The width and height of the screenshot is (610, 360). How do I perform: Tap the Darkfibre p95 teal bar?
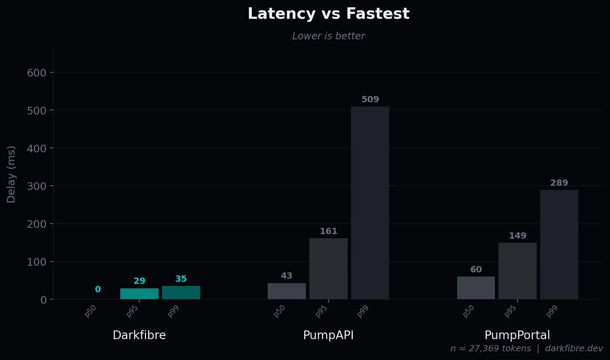(139, 294)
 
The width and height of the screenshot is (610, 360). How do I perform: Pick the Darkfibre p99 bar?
(181, 293)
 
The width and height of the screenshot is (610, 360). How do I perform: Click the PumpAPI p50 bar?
(286, 291)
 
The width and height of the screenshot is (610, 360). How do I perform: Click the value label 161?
(328, 231)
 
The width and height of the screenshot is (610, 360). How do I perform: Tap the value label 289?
(559, 183)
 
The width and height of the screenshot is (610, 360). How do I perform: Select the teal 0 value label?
(98, 289)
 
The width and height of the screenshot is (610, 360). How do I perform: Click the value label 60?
(476, 270)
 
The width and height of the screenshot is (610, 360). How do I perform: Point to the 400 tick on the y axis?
(36, 149)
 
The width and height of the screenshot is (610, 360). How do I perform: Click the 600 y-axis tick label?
(36, 73)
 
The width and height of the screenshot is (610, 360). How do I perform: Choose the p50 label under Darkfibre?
(90, 311)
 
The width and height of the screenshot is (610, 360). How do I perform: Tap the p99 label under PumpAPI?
(363, 311)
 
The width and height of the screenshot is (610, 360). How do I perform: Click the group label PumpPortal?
(517, 335)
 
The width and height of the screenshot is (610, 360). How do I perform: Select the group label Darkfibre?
(139, 335)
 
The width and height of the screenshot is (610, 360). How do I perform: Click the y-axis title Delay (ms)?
(11, 174)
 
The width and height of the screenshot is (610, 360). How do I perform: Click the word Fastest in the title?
(377, 14)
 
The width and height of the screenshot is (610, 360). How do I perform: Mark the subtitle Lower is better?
(328, 36)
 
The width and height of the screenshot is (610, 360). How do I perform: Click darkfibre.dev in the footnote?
(574, 349)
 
